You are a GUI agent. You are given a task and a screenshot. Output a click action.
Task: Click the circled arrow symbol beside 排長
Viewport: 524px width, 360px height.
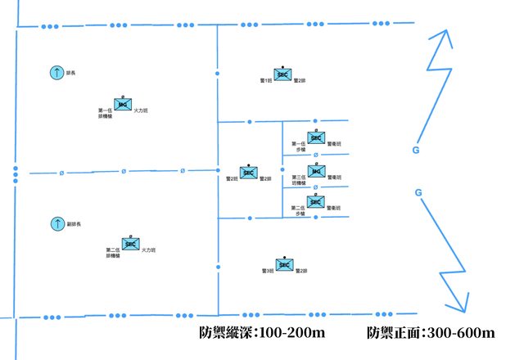click(56, 73)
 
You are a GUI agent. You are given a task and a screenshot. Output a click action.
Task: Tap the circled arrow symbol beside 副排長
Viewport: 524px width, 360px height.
click(57, 223)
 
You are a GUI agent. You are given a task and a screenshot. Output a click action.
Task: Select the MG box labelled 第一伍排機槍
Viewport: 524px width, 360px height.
click(122, 105)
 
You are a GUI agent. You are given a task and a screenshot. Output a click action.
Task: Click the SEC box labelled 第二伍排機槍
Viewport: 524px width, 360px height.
click(129, 242)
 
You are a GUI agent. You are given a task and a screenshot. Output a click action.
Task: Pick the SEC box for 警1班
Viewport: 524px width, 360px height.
click(282, 74)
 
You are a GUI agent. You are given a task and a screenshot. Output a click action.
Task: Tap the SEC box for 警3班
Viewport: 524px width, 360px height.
click(284, 264)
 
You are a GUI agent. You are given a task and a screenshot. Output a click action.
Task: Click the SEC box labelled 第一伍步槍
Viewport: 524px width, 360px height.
click(316, 139)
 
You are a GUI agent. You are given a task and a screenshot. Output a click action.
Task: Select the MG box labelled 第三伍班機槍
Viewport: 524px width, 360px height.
click(316, 173)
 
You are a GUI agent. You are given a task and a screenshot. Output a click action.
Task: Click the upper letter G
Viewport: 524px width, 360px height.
click(417, 151)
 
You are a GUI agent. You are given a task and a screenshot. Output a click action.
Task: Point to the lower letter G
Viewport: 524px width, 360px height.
click(418, 192)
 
